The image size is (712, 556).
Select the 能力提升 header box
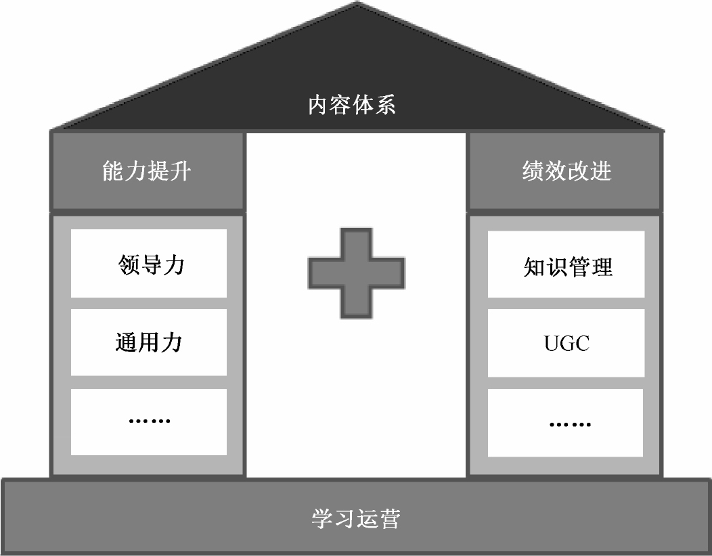pyautogui.click(x=147, y=171)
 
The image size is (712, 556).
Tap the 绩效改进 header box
pyautogui.click(x=566, y=171)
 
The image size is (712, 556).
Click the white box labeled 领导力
pyautogui.click(x=149, y=263)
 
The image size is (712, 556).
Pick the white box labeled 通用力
pyautogui.click(x=149, y=342)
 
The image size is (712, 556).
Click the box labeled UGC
pyautogui.click(x=566, y=343)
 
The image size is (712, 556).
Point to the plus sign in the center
pyautogui.click(x=357, y=273)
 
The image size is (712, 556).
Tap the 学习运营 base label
pyautogui.click(x=356, y=519)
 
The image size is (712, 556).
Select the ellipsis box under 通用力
pyautogui.click(x=149, y=421)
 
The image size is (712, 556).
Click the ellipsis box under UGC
pyautogui.click(x=566, y=423)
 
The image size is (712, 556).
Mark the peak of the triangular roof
pyautogui.click(x=356, y=4)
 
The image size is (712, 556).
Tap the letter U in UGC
pyautogui.click(x=551, y=344)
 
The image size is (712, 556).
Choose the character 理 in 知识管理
pyautogui.click(x=601, y=267)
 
